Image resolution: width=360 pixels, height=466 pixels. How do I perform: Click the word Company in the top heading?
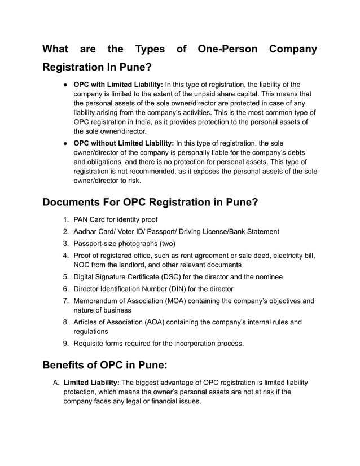(293, 49)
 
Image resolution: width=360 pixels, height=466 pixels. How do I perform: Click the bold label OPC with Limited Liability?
(118, 85)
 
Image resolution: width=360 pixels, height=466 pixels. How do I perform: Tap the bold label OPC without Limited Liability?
(124, 143)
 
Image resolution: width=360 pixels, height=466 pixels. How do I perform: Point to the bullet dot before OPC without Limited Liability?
(65, 143)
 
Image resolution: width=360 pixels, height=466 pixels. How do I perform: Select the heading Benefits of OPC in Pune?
(105, 364)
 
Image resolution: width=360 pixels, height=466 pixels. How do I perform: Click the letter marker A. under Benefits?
(56, 383)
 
